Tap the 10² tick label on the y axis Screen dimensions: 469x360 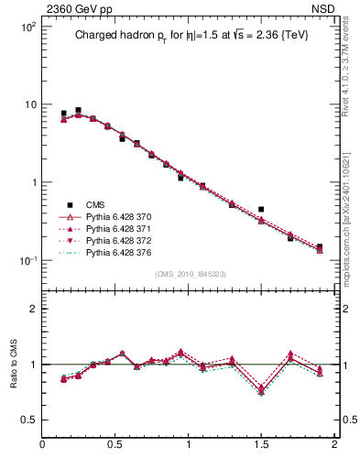pyautogui.click(x=26, y=27)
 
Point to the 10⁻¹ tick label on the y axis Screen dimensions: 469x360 pyautogui.click(x=26, y=261)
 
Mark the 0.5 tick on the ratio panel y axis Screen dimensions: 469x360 pyautogui.click(x=28, y=420)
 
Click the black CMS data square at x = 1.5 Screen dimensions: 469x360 pyautogui.click(x=261, y=210)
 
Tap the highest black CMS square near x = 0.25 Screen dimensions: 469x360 pyautogui.click(x=79, y=110)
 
